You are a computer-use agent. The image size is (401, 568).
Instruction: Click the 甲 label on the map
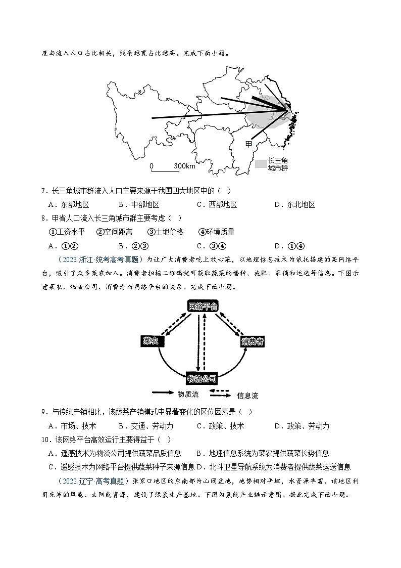pyautogui.click(x=248, y=144)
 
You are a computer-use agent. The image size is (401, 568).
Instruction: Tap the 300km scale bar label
pyautogui.click(x=184, y=166)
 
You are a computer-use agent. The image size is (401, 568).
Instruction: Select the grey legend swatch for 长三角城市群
pyautogui.click(x=261, y=164)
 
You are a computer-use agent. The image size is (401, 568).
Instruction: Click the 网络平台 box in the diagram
pyautogui.click(x=203, y=307)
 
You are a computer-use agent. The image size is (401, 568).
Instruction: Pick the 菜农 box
pyautogui.click(x=151, y=341)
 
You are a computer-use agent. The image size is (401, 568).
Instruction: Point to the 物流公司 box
pyautogui.click(x=202, y=378)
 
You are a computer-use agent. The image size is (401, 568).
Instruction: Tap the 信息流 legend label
pyautogui.click(x=247, y=395)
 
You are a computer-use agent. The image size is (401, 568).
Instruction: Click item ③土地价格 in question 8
pyautogui.click(x=165, y=232)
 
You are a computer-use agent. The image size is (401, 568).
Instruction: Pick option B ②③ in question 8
pyautogui.click(x=132, y=246)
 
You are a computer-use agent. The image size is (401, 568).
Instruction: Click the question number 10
pyautogui.click(x=45, y=440)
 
